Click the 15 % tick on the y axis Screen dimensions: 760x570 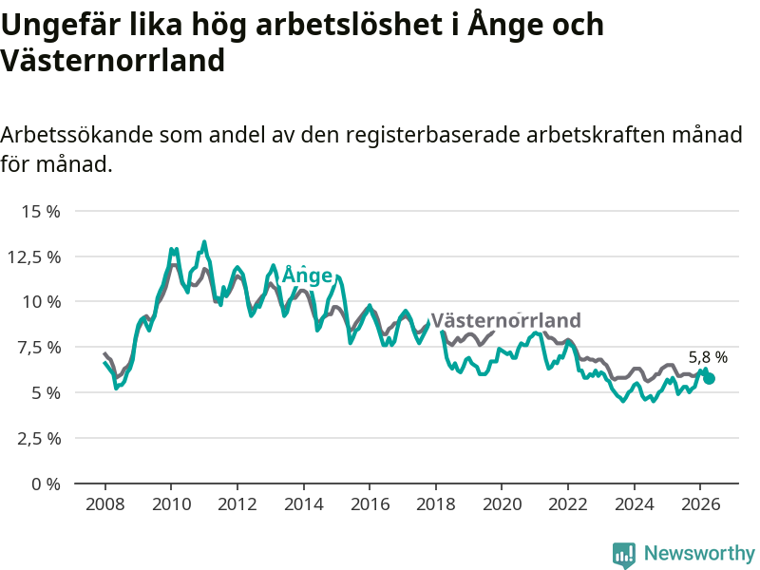pyautogui.click(x=41, y=211)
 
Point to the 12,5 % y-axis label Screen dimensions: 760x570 pyautogui.click(x=34, y=256)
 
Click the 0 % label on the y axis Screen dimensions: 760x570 pyautogui.click(x=46, y=484)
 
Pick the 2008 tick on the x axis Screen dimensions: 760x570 pyautogui.click(x=104, y=504)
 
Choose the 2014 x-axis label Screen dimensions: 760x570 pyautogui.click(x=303, y=504)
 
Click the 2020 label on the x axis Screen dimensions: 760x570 pyautogui.click(x=503, y=504)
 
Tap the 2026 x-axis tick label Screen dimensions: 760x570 pyautogui.click(x=701, y=504)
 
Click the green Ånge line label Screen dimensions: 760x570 pyautogui.click(x=307, y=275)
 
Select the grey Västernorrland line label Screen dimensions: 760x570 pyautogui.click(x=506, y=320)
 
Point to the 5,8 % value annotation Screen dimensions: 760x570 pyautogui.click(x=708, y=358)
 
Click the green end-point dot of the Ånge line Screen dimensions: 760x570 pyautogui.click(x=709, y=378)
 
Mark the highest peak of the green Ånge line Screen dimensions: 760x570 pyautogui.click(x=204, y=241)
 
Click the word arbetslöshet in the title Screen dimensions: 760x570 pyautogui.click(x=349, y=25)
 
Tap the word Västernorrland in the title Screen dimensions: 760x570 pyautogui.click(x=112, y=61)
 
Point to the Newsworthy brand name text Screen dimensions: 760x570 pyautogui.click(x=699, y=553)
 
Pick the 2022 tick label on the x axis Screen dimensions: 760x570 pyautogui.click(x=568, y=504)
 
